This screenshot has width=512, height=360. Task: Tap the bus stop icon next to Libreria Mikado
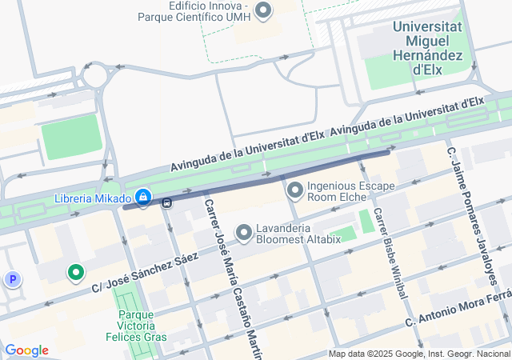pos(166,203)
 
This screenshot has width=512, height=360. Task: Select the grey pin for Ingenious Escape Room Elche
pos(294,190)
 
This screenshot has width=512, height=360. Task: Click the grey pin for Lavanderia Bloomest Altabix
pos(244,232)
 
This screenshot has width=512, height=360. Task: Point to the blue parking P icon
pos(13,279)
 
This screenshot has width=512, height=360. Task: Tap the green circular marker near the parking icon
pos(76,274)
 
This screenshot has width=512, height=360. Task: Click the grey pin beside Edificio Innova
pos(263,10)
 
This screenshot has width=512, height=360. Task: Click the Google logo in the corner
pos(26,350)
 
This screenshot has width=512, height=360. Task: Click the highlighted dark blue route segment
pos(256,179)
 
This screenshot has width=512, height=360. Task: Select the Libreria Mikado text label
pos(92,198)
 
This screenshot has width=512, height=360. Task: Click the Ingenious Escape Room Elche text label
pos(351,192)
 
